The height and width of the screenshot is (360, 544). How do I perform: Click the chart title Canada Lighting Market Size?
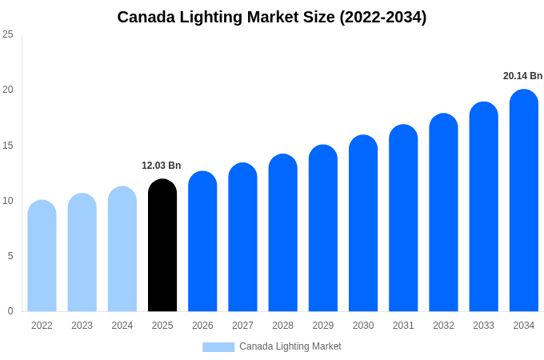pyautogui.click(x=272, y=17)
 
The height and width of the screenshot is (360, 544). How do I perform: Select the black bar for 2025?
pyautogui.click(x=162, y=246)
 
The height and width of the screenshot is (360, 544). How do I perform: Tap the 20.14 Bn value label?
pyautogui.click(x=522, y=76)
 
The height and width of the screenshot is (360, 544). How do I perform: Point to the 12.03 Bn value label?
pyautogui.click(x=162, y=166)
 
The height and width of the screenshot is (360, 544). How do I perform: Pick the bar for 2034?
pyautogui.click(x=524, y=201)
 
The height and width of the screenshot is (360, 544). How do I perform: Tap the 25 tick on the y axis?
pyautogui.click(x=8, y=34)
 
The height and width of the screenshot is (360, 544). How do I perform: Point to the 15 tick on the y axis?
pyautogui.click(x=8, y=145)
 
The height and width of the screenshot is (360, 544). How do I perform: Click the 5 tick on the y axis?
pyautogui.click(x=10, y=256)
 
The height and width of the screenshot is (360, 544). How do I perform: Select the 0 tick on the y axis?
pyautogui.click(x=10, y=311)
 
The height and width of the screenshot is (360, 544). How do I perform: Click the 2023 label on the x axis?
pyautogui.click(x=82, y=326)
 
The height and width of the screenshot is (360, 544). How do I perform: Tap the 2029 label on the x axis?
pyautogui.click(x=323, y=326)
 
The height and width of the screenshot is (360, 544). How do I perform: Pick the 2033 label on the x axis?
pyautogui.click(x=483, y=326)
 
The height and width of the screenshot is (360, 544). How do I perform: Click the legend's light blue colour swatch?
pyautogui.click(x=218, y=347)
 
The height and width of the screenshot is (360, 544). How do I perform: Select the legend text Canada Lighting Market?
pyautogui.click(x=290, y=346)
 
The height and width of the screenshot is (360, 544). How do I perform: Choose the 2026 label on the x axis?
pyautogui.click(x=202, y=326)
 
